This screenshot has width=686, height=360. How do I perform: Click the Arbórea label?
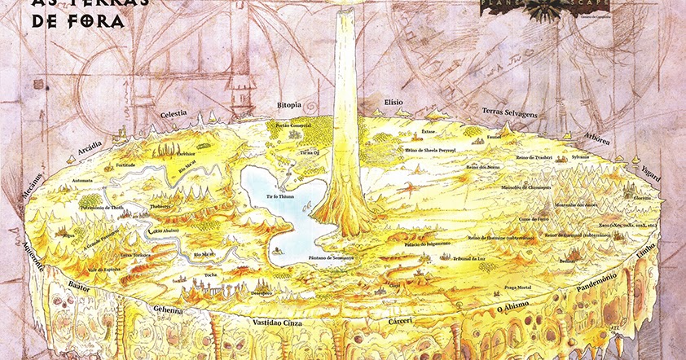pyautogui.click(x=597, y=138)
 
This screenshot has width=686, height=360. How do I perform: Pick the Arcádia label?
pyautogui.click(x=90, y=149)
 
